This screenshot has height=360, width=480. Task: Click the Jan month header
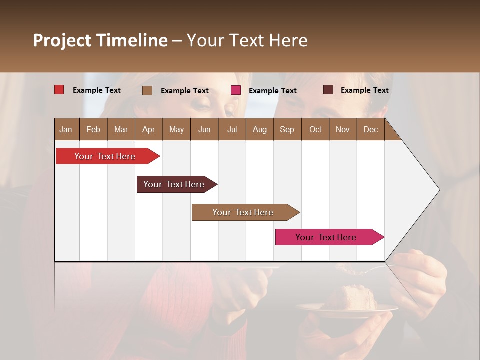(66, 129)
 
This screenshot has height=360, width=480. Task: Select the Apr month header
(148, 129)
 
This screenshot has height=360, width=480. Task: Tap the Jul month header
(232, 129)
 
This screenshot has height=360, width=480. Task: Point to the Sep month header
(287, 129)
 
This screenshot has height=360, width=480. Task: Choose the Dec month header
(370, 129)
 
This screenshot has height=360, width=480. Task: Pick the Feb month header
(93, 129)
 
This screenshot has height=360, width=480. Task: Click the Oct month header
(315, 129)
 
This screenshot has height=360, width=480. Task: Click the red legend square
(59, 90)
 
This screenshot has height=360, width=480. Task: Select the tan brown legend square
(147, 90)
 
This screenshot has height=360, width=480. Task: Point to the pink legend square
(235, 90)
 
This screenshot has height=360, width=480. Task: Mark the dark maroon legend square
(328, 90)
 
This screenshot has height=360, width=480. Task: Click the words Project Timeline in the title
(100, 40)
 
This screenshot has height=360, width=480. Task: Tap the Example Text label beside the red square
(97, 90)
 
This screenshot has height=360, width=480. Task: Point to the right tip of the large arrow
(439, 190)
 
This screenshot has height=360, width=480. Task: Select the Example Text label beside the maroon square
(364, 90)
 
